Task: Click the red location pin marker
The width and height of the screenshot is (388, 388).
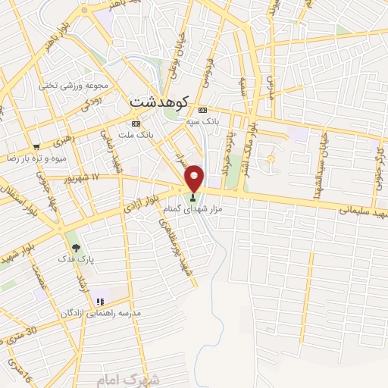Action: click(x=195, y=178)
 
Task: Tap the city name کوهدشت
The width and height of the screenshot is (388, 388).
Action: click(x=158, y=100)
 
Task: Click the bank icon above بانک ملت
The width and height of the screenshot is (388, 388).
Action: click(x=136, y=124)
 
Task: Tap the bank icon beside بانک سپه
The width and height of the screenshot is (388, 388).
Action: click(x=202, y=110)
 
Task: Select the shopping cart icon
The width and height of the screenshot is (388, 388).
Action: click(x=36, y=146)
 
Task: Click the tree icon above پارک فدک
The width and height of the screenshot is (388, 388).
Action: click(x=74, y=247)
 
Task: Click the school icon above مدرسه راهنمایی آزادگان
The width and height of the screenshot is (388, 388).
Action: click(x=100, y=302)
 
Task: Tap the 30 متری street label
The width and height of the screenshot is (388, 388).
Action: click(x=18, y=335)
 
